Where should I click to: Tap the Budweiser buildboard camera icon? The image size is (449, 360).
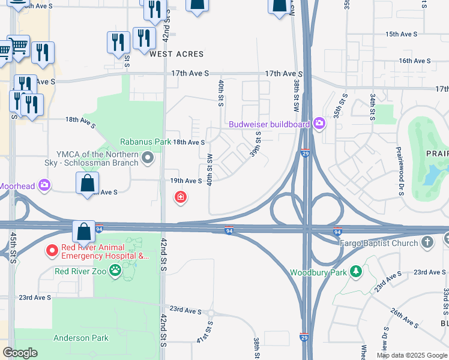[319, 124]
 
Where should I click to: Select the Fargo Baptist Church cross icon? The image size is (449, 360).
[427, 242]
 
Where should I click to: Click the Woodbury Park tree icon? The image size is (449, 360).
[356, 272]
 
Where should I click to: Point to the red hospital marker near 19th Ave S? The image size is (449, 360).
[179, 197]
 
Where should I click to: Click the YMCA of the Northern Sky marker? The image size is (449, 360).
[148, 159]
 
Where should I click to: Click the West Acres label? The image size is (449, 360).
[176, 54]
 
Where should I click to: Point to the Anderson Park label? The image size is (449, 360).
[81, 338]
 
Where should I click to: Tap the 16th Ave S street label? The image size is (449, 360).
[415, 61]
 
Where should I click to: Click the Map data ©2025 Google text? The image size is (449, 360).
[411, 355]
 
